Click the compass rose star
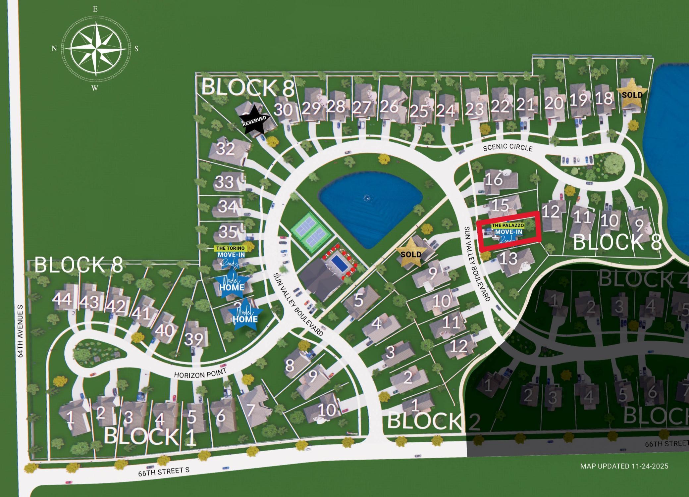point(95,49)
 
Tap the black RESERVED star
point(254,120)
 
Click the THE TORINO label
point(230,248)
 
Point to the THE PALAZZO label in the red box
point(508,225)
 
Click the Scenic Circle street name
point(507,147)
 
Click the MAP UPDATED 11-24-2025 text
point(624,466)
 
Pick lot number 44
point(62,299)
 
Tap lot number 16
point(494,180)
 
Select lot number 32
point(225,149)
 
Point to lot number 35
point(228,231)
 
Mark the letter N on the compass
point(54,49)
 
